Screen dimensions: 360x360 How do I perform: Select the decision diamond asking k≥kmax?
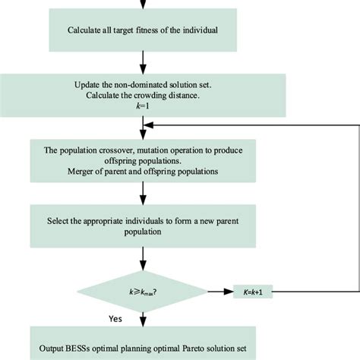(x=142, y=291)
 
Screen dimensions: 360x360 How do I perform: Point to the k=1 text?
(x=142, y=108)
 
